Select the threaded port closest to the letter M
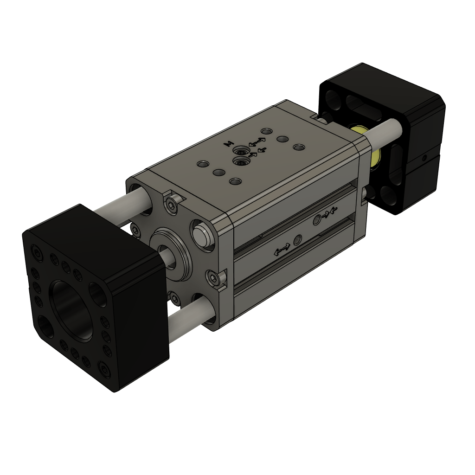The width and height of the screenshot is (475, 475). tap(241, 151)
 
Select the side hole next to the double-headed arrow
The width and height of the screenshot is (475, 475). tap(298, 240)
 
